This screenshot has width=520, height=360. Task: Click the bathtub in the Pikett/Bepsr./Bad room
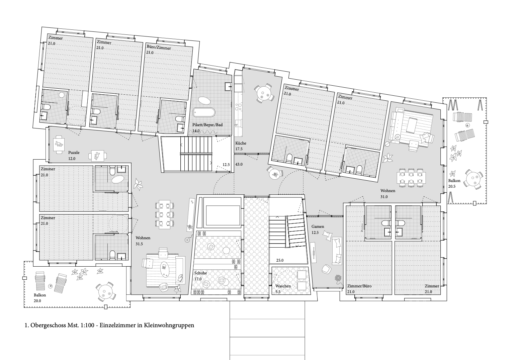[x=204, y=112]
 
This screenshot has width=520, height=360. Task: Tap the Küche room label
[x=241, y=143]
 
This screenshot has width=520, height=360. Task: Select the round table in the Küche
[x=263, y=93]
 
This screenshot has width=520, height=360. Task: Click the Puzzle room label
[x=74, y=153]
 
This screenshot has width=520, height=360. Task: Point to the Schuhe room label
[x=200, y=273]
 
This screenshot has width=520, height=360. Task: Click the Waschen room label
[x=283, y=286]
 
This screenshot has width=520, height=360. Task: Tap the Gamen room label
[x=318, y=226]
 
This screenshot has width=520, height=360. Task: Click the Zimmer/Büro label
[x=359, y=286]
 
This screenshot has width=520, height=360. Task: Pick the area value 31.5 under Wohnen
[x=139, y=244]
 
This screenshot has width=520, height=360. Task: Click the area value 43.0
[x=239, y=164]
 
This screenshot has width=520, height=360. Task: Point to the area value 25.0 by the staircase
[x=280, y=260]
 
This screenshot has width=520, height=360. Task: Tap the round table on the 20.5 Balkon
[x=473, y=180]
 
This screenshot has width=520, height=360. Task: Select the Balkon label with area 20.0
[x=40, y=295]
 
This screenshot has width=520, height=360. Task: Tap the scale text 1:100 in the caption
[x=88, y=325]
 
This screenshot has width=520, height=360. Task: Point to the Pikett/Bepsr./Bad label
[x=207, y=125]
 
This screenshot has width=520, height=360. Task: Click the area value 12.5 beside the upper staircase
[x=226, y=165]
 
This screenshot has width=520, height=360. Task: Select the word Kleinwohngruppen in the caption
[x=169, y=326]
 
